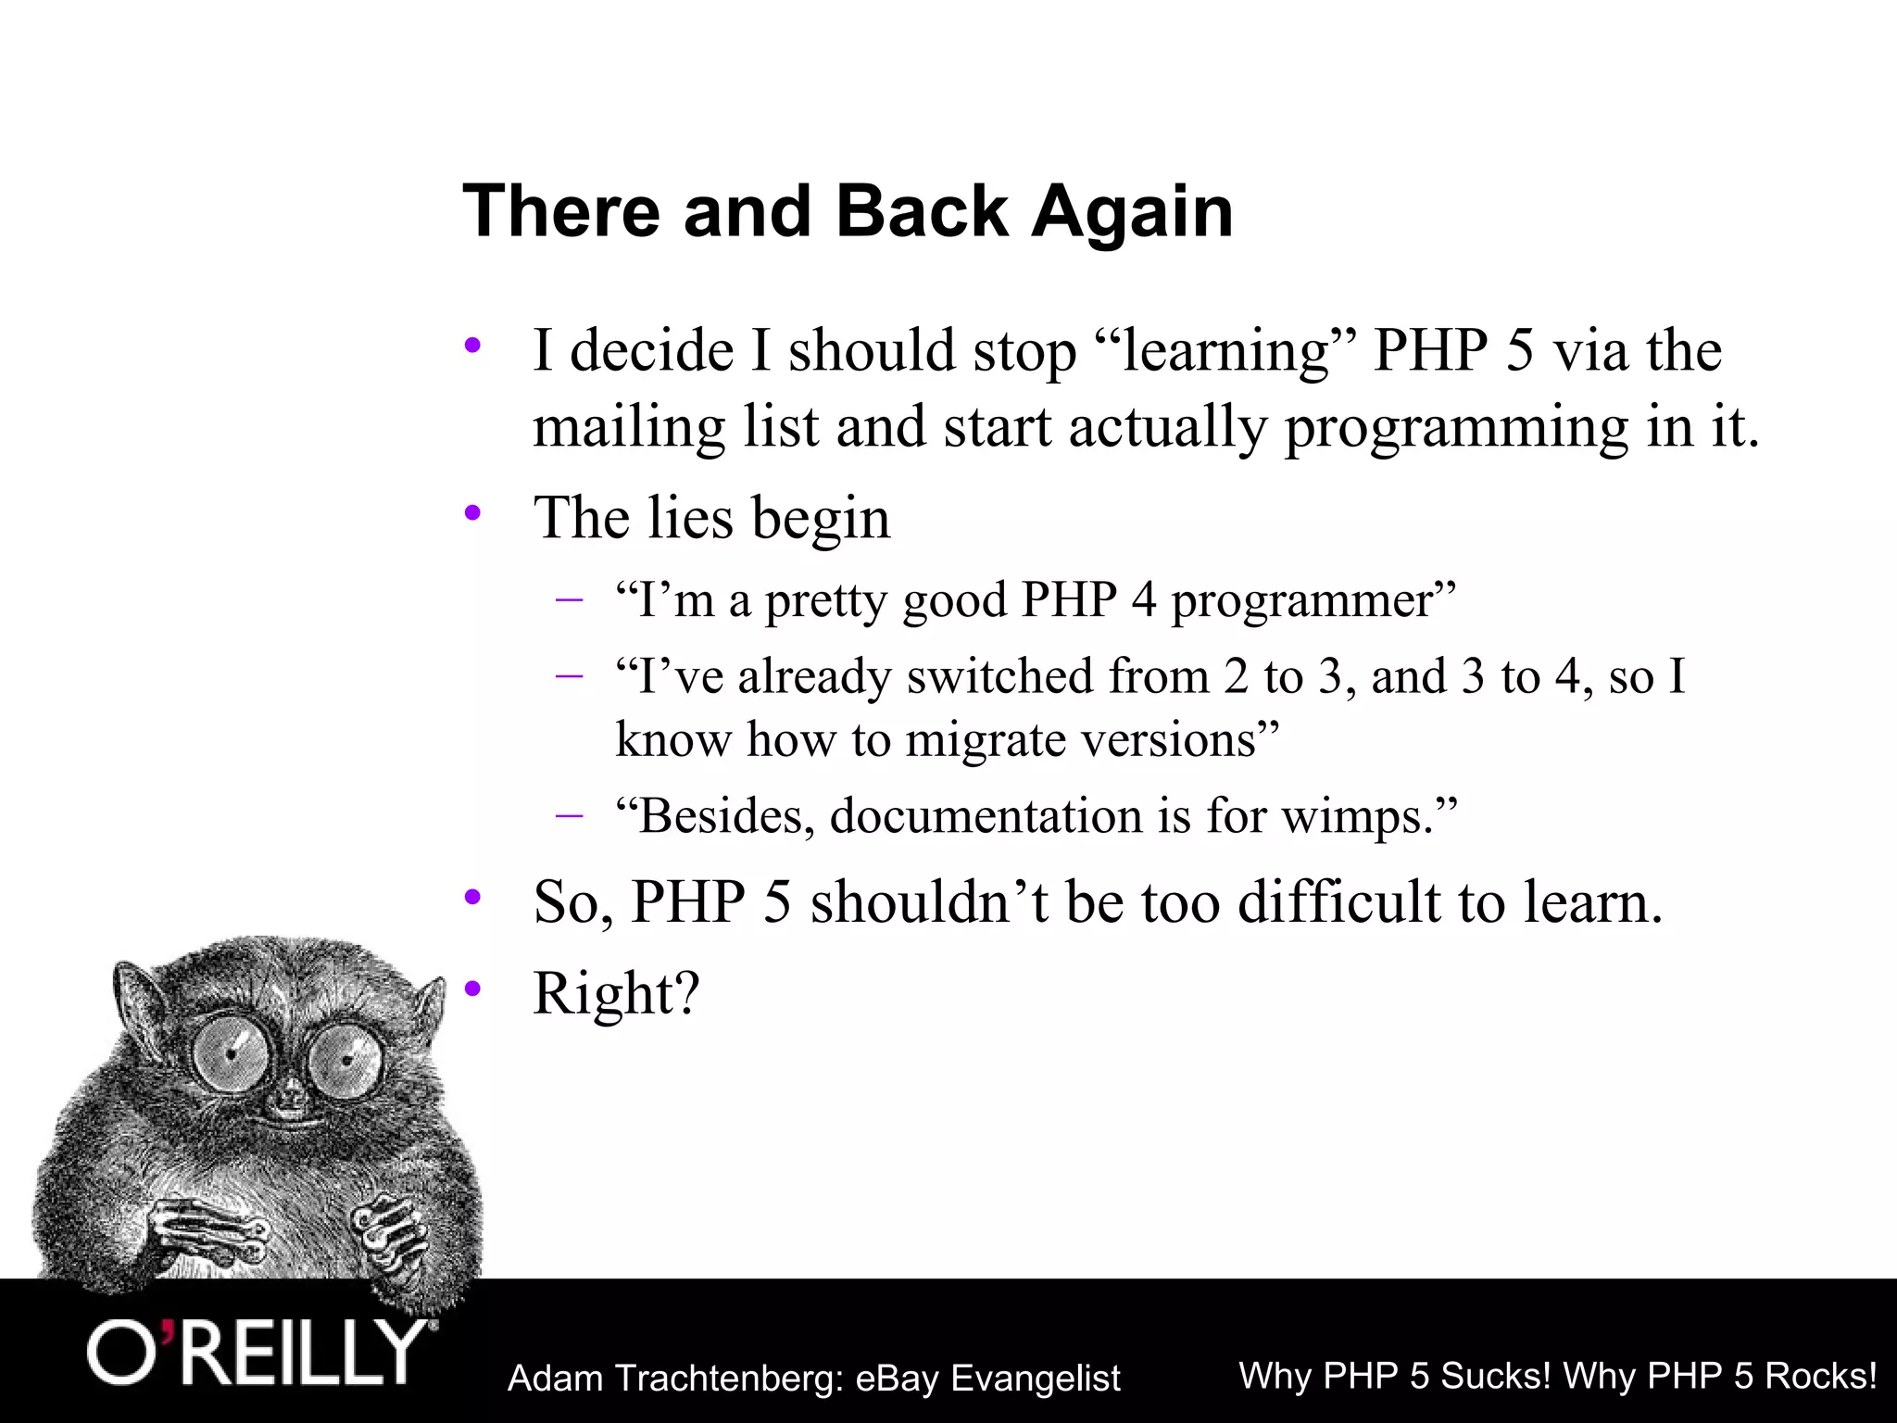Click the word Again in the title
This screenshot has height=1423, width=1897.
1132,211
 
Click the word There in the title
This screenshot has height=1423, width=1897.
561,211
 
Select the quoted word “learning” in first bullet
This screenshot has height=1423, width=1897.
1224,352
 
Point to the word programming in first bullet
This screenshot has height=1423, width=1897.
1455,428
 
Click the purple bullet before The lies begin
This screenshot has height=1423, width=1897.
473,512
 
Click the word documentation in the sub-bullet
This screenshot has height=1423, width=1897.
986,816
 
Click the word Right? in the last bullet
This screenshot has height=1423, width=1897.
616,994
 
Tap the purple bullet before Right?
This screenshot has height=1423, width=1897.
473,989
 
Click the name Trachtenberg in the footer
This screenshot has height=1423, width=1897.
726,1379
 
